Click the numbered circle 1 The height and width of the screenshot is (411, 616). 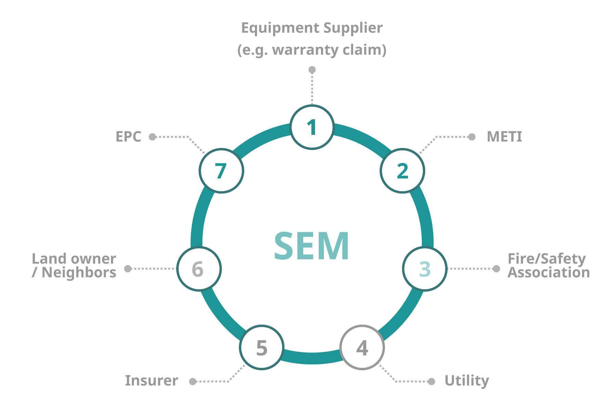click(x=312, y=127)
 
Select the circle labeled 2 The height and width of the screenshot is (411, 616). click(x=402, y=171)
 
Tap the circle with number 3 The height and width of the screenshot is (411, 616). click(x=425, y=269)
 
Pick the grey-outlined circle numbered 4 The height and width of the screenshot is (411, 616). click(x=362, y=348)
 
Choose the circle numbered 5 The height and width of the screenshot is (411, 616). click(x=262, y=347)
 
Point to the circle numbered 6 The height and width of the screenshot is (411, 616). click(x=199, y=269)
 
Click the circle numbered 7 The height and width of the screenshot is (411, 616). click(x=221, y=171)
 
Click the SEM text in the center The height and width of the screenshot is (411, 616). click(x=312, y=246)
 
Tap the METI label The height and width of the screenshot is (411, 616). click(x=504, y=137)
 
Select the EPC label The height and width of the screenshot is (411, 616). click(x=128, y=137)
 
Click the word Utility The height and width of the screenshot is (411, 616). click(x=467, y=381)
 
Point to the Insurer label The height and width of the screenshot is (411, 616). click(x=152, y=381)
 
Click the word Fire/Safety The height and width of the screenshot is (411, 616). click(x=547, y=259)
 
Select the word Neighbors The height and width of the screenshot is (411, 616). click(x=79, y=273)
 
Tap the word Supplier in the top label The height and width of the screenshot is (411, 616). click(x=353, y=28)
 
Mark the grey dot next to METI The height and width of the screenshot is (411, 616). click(x=472, y=137)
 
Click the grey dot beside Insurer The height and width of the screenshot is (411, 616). click(x=193, y=381)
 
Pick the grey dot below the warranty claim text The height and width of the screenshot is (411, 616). click(x=312, y=70)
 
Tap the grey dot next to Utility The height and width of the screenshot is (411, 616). click(x=432, y=381)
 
